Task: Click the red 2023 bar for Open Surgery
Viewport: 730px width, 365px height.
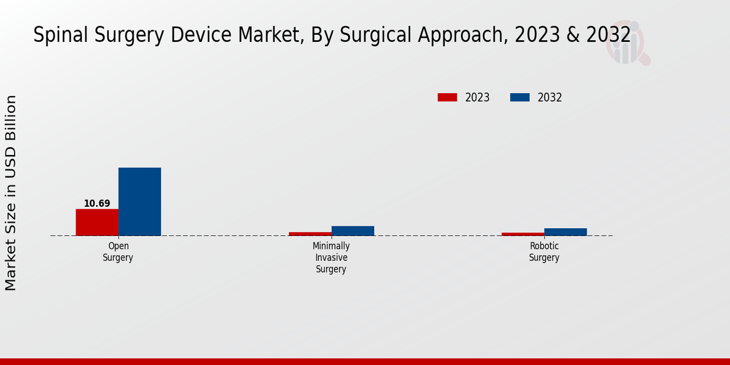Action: (97, 222)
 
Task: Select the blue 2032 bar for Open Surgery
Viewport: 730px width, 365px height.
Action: (139, 201)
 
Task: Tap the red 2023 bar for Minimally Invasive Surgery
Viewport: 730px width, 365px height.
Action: (310, 234)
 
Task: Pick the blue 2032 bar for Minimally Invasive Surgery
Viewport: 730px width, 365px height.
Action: (352, 231)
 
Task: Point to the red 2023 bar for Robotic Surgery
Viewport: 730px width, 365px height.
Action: (523, 234)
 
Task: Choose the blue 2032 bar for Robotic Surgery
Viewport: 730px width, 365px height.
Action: (565, 232)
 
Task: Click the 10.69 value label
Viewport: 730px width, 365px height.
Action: (97, 203)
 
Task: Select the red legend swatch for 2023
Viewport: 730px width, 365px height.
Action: (447, 97)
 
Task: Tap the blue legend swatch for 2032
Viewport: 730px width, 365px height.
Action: (520, 97)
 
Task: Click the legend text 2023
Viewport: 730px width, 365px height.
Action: (477, 97)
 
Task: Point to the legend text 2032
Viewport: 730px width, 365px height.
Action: (549, 97)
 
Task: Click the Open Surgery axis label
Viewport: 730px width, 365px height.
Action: (118, 252)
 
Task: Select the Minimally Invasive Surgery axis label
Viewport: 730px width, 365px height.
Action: (331, 257)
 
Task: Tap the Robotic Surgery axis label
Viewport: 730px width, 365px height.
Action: (544, 252)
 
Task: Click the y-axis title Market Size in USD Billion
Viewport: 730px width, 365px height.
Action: (11, 192)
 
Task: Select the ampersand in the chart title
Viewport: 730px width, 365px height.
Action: (573, 35)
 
